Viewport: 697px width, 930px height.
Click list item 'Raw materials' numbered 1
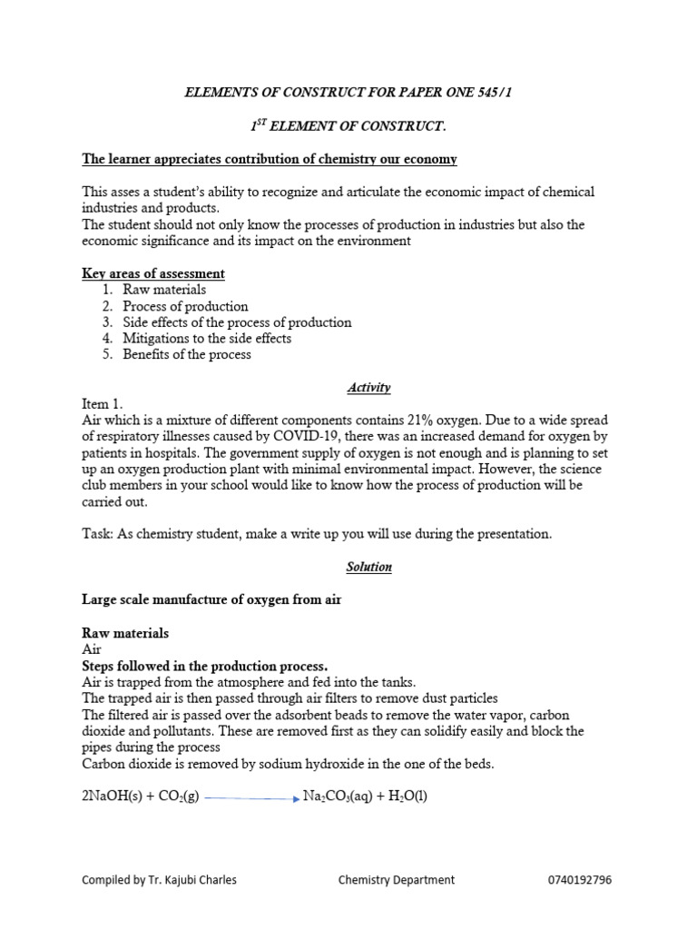coord(164,290)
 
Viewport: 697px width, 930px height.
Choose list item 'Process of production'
coord(185,306)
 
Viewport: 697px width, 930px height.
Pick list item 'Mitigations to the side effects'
coord(207,339)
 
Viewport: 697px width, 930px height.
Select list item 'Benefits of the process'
coord(187,355)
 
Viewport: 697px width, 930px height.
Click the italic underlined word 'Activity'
coord(368,388)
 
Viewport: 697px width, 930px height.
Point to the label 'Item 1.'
coord(102,404)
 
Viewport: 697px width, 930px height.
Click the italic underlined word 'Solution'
coord(368,567)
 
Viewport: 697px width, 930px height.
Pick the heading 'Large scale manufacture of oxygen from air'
coord(211,599)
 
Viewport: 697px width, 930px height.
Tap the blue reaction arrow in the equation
coord(251,798)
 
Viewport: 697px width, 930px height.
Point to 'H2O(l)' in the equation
coord(407,797)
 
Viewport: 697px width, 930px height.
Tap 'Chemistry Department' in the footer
coord(397,880)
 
